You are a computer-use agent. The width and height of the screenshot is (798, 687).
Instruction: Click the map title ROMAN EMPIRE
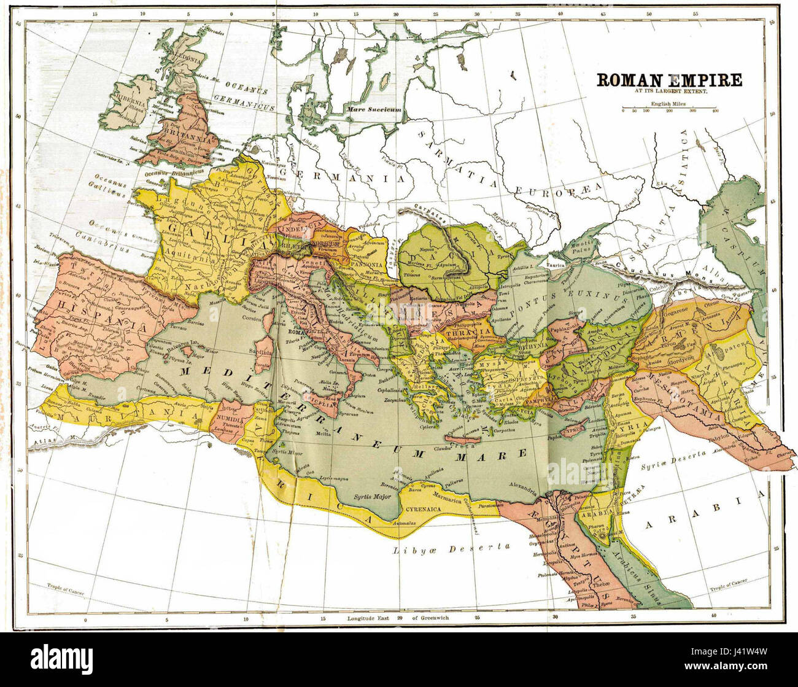[x=669, y=80]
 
